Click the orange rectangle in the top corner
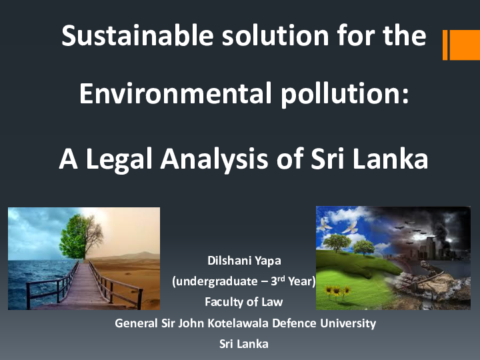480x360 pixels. [x=464, y=45]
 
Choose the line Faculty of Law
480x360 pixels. [x=243, y=302]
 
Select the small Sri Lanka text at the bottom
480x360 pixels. [x=243, y=344]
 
